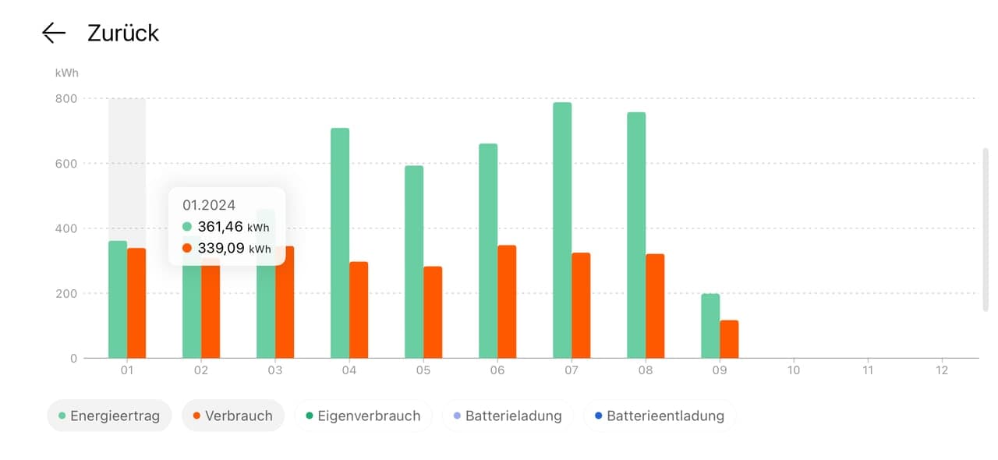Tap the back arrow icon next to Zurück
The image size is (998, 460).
[54, 33]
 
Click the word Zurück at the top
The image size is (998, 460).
[122, 33]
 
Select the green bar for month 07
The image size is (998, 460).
[562, 230]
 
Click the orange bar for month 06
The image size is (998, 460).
[507, 302]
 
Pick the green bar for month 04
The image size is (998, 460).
[340, 243]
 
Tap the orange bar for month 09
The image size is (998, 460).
[729, 339]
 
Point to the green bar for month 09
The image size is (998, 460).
[710, 326]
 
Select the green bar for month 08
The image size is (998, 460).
[636, 235]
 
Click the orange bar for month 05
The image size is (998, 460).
[433, 312]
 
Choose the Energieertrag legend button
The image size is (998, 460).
[109, 416]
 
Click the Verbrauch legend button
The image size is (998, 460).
[233, 416]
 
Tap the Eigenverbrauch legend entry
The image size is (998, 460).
[363, 416]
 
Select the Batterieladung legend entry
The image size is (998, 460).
[508, 416]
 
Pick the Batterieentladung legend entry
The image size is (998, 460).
[659, 416]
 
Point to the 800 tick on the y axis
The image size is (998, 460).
[65, 98]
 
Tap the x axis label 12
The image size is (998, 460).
[942, 370]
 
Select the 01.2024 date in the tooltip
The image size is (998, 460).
[209, 205]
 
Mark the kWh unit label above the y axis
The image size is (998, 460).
[66, 73]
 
